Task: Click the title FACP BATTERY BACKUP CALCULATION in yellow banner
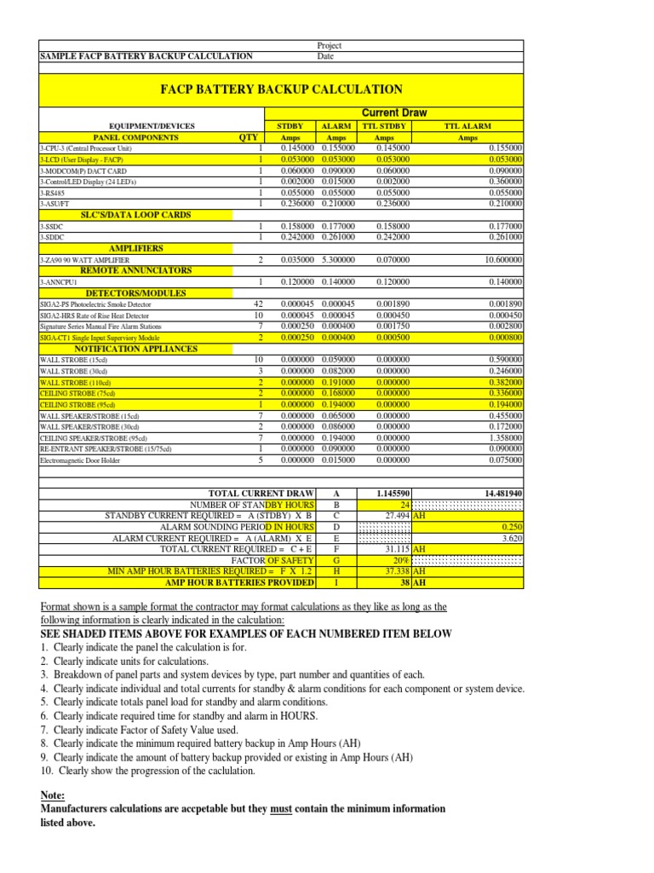point(281,89)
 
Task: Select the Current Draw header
point(394,113)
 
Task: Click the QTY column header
point(249,136)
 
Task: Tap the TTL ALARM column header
point(468,125)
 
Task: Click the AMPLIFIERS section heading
point(135,248)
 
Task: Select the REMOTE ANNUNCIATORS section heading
point(135,270)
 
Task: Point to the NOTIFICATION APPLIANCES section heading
point(135,349)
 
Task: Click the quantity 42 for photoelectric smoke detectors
point(259,304)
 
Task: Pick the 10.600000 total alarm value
point(503,259)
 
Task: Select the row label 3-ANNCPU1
point(59,281)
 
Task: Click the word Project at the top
point(329,45)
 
